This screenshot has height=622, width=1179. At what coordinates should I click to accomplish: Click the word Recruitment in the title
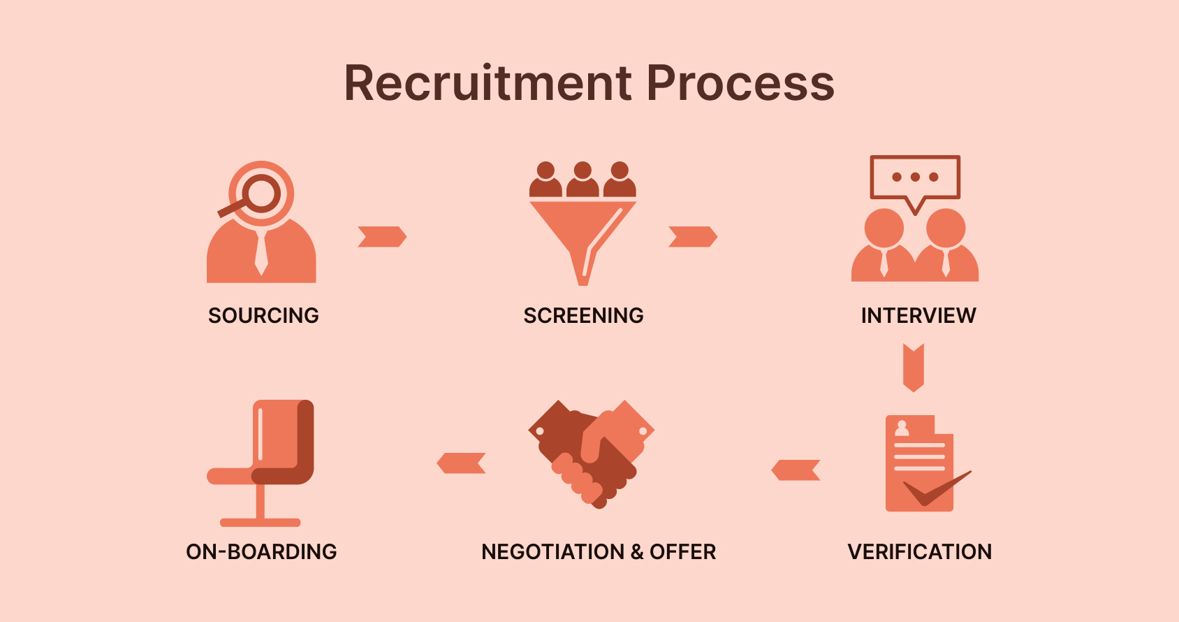point(488,83)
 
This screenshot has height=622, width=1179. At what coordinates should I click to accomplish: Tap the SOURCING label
point(263,316)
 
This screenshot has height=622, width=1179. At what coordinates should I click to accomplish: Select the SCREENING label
point(583,316)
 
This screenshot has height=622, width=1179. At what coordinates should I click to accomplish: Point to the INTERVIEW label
point(918,316)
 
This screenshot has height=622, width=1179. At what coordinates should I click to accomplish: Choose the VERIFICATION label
point(919,552)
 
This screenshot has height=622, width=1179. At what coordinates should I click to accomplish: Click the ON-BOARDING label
point(261,552)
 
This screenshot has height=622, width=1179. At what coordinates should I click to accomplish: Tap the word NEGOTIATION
point(552,552)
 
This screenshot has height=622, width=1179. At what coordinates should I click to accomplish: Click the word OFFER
point(682,552)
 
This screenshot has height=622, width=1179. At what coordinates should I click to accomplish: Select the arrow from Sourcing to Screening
point(381,237)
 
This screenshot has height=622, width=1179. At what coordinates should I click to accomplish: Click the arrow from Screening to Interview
point(692,237)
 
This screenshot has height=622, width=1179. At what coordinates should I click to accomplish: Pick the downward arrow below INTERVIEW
point(914,368)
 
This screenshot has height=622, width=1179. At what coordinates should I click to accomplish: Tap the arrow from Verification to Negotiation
point(796,470)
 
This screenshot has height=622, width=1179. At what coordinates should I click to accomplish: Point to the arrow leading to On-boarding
point(461,463)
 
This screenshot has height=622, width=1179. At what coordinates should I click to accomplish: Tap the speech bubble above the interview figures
point(915,178)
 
